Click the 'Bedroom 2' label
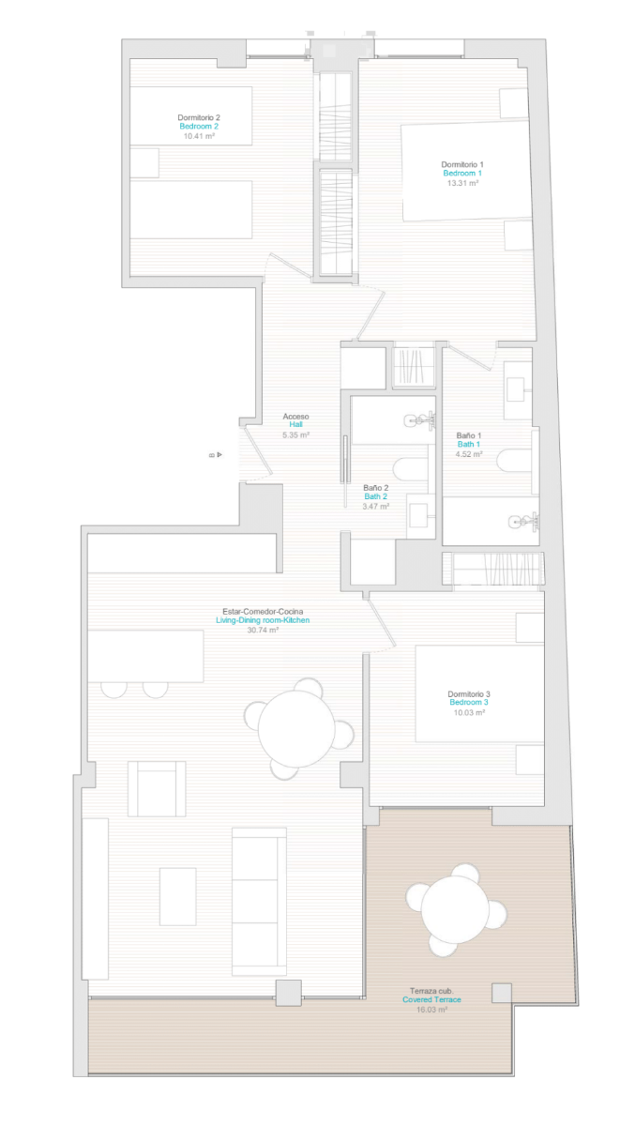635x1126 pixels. (x=199, y=126)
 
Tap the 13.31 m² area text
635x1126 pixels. (x=462, y=183)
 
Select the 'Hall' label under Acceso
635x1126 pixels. (x=295, y=425)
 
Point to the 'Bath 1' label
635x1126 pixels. (x=469, y=445)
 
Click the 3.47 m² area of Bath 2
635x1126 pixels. (x=376, y=506)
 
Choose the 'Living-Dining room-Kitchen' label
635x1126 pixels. (x=263, y=620)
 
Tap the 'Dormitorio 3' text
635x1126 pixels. (x=469, y=694)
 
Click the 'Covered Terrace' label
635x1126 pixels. (x=431, y=1000)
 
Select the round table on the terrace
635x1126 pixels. (x=455, y=910)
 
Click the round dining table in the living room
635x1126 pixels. (x=296, y=729)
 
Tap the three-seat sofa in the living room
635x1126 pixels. (x=259, y=902)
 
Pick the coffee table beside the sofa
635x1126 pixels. (x=178, y=897)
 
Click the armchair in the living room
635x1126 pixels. (x=157, y=789)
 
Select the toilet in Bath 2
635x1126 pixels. (x=411, y=469)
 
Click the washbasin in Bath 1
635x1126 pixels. (x=518, y=390)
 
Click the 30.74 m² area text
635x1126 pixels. (x=263, y=630)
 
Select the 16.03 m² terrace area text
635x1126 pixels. (x=431, y=1010)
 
